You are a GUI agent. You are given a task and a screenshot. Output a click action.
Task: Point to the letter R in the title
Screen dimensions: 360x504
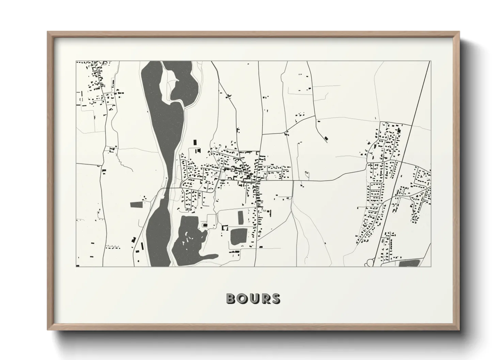pyautogui.click(x=265, y=298)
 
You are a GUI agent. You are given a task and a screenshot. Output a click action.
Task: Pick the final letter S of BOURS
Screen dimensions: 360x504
pyautogui.click(x=275, y=298)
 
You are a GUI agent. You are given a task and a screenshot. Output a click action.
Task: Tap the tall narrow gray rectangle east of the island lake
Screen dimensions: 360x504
pyautogui.click(x=241, y=217)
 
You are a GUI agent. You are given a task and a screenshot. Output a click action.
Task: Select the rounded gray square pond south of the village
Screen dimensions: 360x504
pyautogui.click(x=238, y=236)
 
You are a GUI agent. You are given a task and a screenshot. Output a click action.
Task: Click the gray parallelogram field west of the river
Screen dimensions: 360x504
pyautogui.click(x=137, y=204)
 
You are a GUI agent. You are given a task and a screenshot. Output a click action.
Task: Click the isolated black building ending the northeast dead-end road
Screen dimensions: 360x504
pyautogui.click(x=327, y=138)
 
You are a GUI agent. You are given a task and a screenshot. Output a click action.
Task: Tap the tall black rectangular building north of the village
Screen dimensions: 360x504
pyautogui.click(x=195, y=142)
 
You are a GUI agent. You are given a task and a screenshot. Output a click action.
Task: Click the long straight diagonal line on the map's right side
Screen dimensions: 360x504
pyautogui.click(x=402, y=163)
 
